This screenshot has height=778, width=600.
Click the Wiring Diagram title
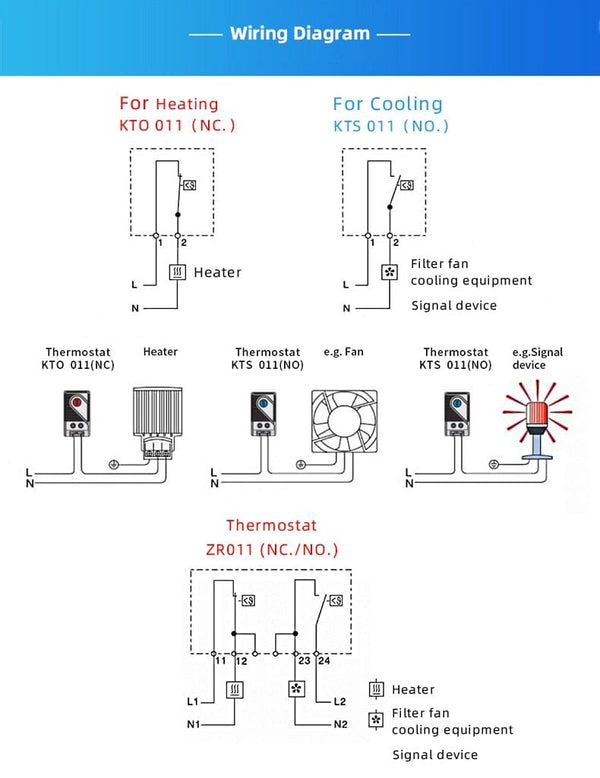coord(300,34)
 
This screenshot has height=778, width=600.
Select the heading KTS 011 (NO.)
coord(391,126)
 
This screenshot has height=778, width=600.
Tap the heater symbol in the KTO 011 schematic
coord(178,272)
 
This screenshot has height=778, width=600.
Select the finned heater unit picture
coord(155,419)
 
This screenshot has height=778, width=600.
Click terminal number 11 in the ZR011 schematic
coord(220,661)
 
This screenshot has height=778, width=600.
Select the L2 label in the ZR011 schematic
coord(339,702)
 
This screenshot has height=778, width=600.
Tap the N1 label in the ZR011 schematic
coord(195,724)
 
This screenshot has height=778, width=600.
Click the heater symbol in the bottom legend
coord(377,689)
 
